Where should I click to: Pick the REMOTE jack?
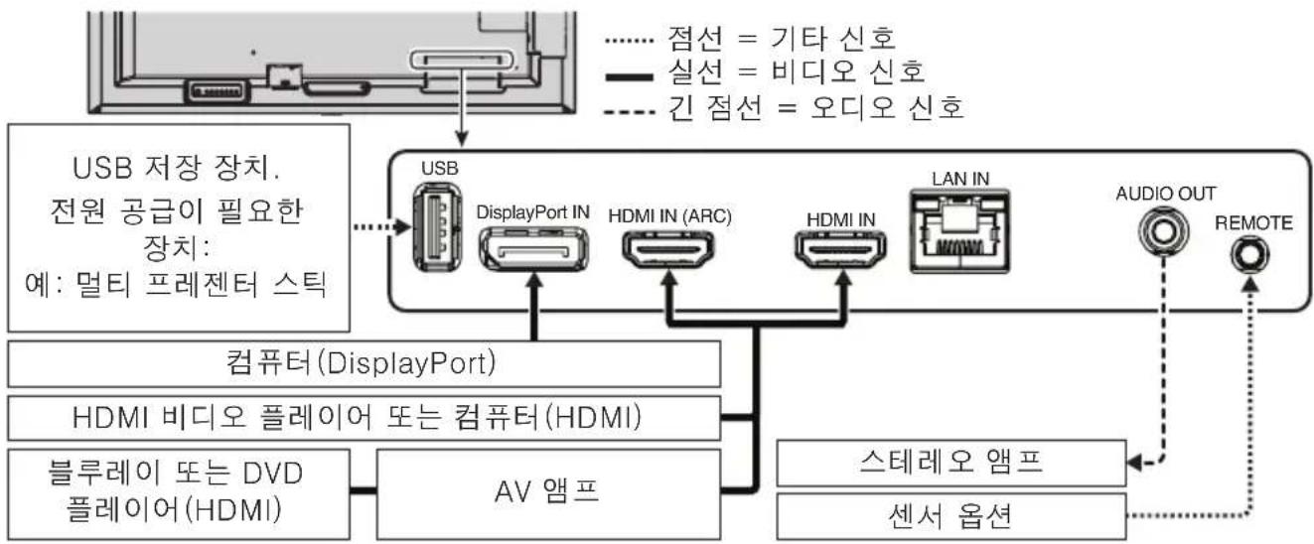tap(1246, 257)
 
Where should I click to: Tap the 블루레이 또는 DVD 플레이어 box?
tap(180, 491)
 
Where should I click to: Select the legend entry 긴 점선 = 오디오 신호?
tap(785, 107)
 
